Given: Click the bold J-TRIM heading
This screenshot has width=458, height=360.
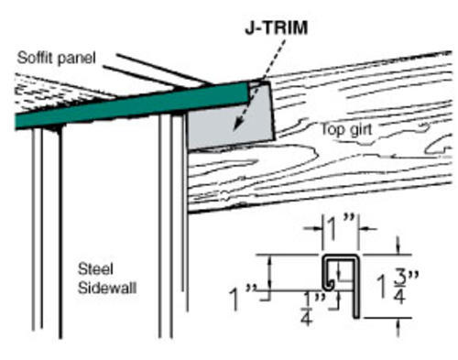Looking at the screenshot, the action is (x=277, y=27).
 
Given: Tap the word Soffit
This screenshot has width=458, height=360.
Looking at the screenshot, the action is (x=35, y=58).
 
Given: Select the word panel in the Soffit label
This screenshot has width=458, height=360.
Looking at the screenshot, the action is (x=76, y=59).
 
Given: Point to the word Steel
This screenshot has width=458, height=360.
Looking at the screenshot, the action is (x=95, y=269).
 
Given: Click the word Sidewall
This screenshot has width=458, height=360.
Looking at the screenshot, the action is (x=107, y=288).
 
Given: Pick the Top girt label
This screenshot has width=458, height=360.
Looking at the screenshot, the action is (x=346, y=129).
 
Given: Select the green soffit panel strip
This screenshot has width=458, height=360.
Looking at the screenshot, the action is (x=131, y=105).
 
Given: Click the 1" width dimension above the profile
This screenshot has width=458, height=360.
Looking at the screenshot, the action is (x=340, y=228).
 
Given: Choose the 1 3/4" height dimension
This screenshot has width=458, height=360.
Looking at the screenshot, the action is (x=397, y=286).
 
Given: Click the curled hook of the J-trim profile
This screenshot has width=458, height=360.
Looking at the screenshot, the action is (x=329, y=284).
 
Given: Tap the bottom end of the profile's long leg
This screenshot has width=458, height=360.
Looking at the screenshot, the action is (x=356, y=317).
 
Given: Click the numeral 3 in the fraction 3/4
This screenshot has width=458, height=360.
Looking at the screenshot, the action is (x=399, y=277).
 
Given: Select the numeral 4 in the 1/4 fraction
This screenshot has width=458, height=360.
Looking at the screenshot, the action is (x=307, y=318).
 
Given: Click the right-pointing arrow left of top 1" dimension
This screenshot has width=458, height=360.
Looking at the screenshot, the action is (x=313, y=228).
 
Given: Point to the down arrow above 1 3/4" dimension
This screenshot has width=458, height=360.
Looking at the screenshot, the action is (x=398, y=245).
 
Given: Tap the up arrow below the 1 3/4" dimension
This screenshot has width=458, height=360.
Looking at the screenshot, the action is (x=398, y=327).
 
